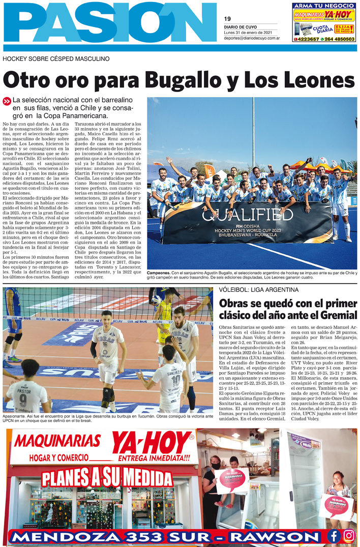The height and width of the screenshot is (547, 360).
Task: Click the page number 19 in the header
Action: click(x=227, y=19)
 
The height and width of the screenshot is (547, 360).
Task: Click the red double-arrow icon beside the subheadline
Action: click(x=7, y=101)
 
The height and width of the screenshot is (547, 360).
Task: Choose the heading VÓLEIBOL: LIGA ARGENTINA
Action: click(x=258, y=289)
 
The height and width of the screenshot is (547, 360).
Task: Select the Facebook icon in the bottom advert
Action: click(x=334, y=535)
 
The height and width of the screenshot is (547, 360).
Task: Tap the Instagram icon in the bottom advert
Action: click(x=349, y=535)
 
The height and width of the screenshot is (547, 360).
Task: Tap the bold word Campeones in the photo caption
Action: click(x=160, y=273)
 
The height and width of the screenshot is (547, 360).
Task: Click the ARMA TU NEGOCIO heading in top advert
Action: click(x=324, y=6)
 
